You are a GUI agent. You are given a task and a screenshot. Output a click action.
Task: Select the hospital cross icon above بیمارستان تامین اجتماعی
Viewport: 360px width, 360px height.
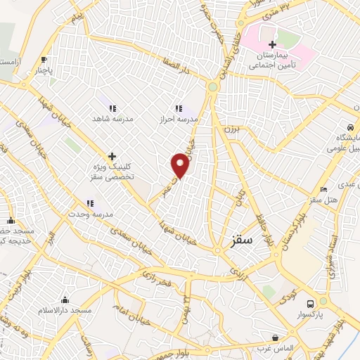[x=272, y=45]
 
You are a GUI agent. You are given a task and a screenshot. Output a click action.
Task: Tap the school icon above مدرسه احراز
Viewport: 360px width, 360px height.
[x=178, y=108]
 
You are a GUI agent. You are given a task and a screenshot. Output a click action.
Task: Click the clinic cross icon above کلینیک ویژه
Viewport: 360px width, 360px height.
[x=111, y=156]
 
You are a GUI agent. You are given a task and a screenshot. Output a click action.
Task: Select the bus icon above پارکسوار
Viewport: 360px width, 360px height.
[x=310, y=303]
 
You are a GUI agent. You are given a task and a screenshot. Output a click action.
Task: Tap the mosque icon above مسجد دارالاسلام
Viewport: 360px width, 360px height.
[x=65, y=300]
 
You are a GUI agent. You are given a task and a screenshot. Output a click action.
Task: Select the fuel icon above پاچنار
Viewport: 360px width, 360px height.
[x=45, y=60]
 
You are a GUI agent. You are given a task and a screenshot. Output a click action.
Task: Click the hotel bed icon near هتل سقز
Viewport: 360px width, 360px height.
[x=323, y=188]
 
